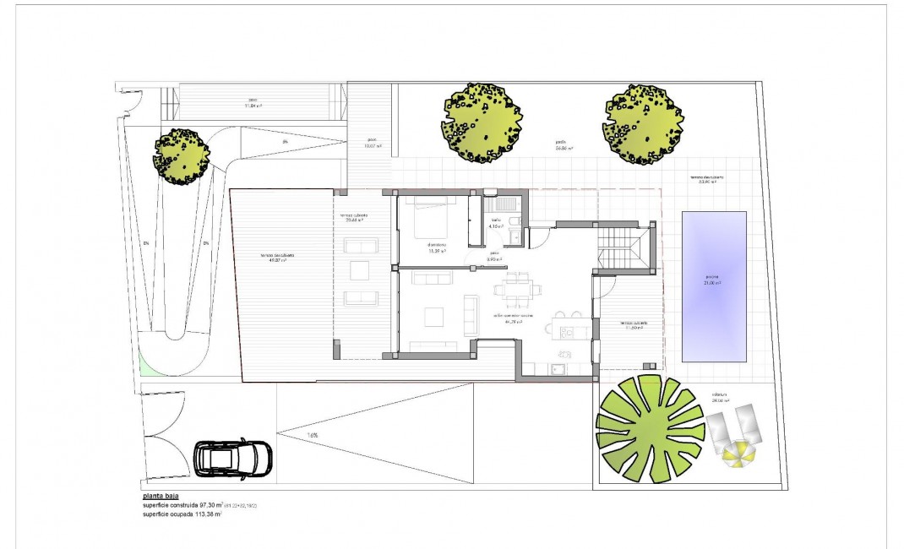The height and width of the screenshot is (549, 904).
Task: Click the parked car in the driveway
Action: click(x=233, y=459)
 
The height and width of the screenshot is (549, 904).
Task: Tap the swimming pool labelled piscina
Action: click(x=714, y=285)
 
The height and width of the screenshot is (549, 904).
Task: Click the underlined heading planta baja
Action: click(x=161, y=497)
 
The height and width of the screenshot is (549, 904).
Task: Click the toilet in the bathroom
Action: click(x=516, y=222)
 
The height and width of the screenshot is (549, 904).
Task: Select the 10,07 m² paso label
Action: click(x=373, y=144)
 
